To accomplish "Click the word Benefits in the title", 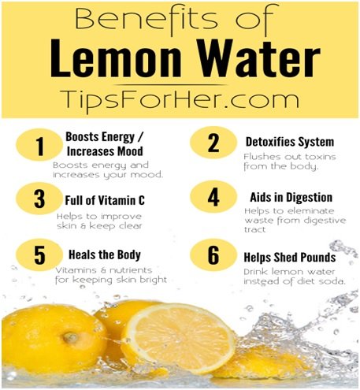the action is [x=147, y=18].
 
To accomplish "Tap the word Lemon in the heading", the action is [x=116, y=58].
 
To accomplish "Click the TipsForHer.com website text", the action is [x=180, y=99].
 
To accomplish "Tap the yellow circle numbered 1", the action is [x=39, y=145].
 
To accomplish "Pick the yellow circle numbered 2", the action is [x=213, y=143].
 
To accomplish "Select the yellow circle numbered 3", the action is [x=39, y=199].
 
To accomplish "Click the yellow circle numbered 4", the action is [x=213, y=197].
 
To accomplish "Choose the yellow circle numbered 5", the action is [x=39, y=255].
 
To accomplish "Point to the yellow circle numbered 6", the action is [x=213, y=255].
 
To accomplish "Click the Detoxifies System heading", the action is [x=290, y=142].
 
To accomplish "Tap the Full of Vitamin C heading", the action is [x=105, y=200].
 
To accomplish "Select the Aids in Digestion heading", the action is [x=291, y=198].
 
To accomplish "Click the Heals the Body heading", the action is [x=105, y=254].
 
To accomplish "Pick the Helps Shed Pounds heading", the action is [x=290, y=258].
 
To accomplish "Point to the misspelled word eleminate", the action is [x=311, y=211].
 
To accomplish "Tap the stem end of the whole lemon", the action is [x=70, y=337].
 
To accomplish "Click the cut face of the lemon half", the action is [x=180, y=336].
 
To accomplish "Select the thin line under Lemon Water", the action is [x=171, y=85].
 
